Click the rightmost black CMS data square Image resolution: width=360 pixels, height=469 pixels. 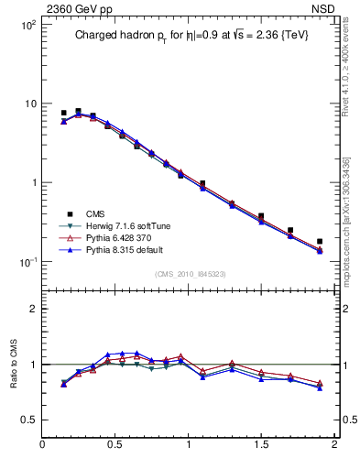[x=320, y=242]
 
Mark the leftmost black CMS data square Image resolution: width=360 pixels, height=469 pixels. [x=63, y=114]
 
